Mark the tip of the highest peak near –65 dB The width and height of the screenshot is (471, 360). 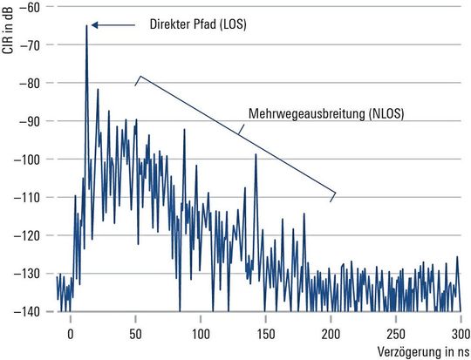click(86, 26)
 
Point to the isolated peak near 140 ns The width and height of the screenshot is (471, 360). click(256, 155)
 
